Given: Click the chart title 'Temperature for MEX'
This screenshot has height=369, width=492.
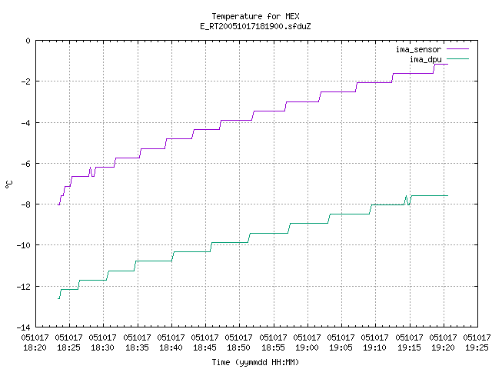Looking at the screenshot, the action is (255, 16).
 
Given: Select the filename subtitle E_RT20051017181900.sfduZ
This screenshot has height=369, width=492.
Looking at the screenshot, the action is (255, 26).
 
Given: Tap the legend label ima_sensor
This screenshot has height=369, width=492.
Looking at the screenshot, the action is (418, 49).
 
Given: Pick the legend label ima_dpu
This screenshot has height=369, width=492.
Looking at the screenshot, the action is (425, 59).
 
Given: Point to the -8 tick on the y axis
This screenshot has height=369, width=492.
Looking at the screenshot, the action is (25, 204).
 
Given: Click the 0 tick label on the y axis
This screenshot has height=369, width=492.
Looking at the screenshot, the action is (28, 41).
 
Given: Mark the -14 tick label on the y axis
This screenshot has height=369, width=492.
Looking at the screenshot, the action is (24, 327).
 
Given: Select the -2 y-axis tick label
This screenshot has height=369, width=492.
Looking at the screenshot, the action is (25, 81).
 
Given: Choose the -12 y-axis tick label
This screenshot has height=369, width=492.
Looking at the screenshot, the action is (24, 287).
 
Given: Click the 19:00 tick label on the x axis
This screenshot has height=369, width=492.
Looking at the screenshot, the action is (307, 347).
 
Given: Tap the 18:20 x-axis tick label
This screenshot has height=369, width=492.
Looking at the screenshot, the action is (35, 347).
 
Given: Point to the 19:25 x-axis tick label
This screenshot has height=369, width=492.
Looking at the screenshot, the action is (477, 347).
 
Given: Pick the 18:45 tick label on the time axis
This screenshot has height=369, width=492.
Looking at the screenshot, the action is (204, 347).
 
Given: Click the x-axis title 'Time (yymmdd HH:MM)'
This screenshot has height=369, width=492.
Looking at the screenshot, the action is (255, 362).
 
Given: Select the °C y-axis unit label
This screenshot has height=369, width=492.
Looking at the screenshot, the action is (9, 184).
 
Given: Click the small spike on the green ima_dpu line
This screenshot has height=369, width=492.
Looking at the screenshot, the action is (407, 196).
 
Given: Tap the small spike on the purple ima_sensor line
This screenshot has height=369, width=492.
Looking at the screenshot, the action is (91, 168).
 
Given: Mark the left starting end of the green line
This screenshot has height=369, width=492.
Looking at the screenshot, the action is (58, 299).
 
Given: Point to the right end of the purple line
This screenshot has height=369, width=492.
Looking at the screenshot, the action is (447, 64).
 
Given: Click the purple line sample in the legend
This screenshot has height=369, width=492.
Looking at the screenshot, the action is (457, 49).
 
